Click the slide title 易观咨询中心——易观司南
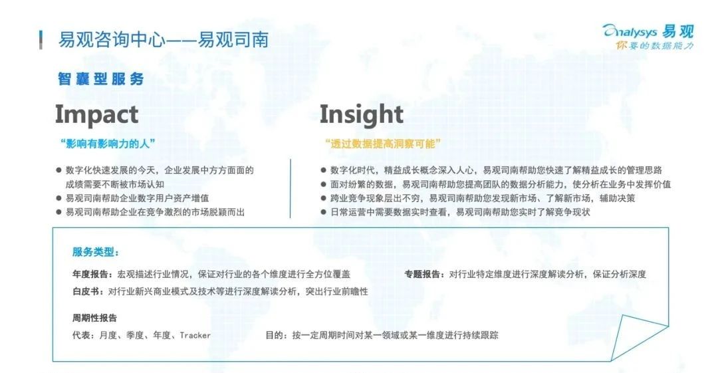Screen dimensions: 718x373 pyautogui.click(x=163, y=40)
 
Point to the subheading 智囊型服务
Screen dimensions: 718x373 pyautogui.click(x=101, y=79)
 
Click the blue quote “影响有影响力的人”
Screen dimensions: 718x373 pyautogui.click(x=108, y=144)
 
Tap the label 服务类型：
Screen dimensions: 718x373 pyautogui.click(x=96, y=252)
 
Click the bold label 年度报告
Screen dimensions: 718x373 pyautogui.click(x=90, y=274)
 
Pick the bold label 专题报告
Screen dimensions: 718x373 pyautogui.click(x=422, y=274)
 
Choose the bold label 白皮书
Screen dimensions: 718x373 pyautogui.click(x=86, y=291)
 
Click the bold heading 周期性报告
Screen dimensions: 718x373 pyautogui.click(x=95, y=318)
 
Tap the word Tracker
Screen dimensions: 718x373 pyautogui.click(x=195, y=335)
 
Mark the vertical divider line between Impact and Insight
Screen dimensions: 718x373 pyautogui.click(x=291, y=188)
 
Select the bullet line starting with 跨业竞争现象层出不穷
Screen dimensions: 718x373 pyautogui.click(x=478, y=198)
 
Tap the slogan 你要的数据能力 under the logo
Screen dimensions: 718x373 pyautogui.click(x=655, y=45)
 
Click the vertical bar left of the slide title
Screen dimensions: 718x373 pyautogui.click(x=41, y=40)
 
